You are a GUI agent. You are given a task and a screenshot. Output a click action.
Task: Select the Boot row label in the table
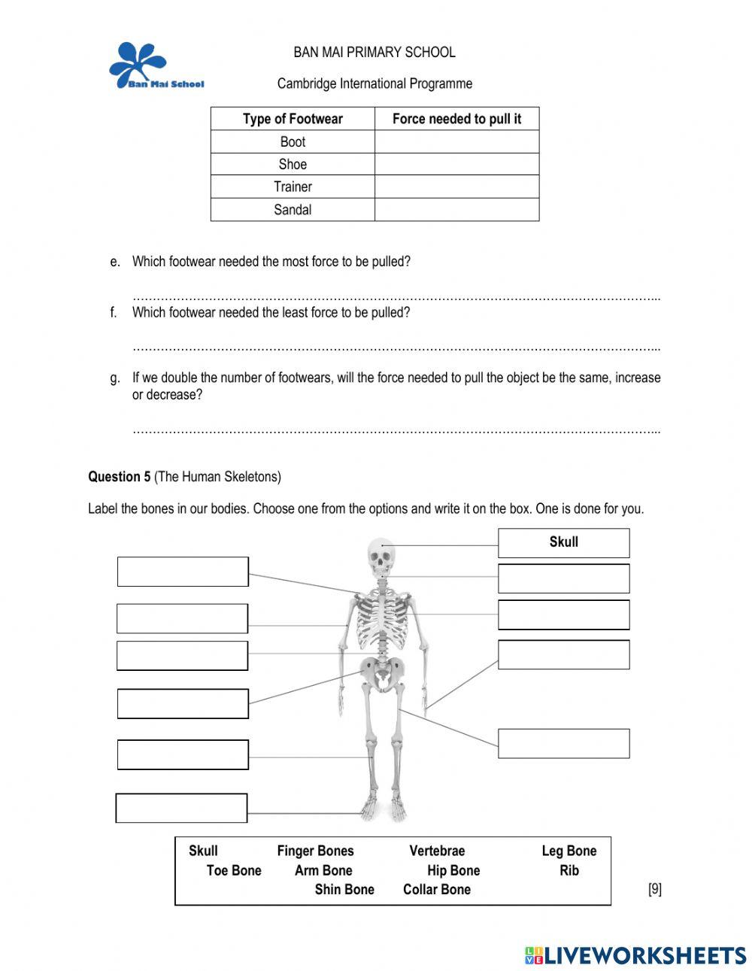click(x=293, y=141)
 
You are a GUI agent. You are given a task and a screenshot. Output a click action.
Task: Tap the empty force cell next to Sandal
click(x=456, y=210)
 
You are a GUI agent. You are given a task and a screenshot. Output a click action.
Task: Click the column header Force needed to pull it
click(x=456, y=119)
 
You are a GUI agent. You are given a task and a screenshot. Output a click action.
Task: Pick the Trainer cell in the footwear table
click(x=293, y=187)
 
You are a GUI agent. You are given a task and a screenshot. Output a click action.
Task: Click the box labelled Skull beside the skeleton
click(x=563, y=542)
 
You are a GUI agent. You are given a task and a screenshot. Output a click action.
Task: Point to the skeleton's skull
click(x=381, y=557)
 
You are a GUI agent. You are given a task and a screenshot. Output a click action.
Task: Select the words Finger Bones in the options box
click(x=315, y=851)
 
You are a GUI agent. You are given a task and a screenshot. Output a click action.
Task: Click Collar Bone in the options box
click(x=436, y=889)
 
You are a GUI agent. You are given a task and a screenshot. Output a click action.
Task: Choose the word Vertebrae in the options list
click(x=437, y=851)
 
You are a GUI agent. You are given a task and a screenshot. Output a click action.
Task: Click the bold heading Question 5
click(x=119, y=477)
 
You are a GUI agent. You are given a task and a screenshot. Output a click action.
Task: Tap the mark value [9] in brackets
click(x=654, y=889)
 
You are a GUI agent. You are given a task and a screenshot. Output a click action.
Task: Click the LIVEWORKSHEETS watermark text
click(x=644, y=955)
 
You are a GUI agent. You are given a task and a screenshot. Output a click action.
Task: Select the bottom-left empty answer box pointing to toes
click(x=181, y=808)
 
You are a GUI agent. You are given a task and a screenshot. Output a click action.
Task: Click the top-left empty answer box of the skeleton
click(x=183, y=572)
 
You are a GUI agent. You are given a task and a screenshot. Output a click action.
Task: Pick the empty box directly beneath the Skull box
click(x=563, y=578)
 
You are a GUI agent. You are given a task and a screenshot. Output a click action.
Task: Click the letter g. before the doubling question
click(x=114, y=378)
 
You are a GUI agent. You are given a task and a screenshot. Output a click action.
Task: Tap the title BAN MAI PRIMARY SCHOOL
click(x=374, y=52)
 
